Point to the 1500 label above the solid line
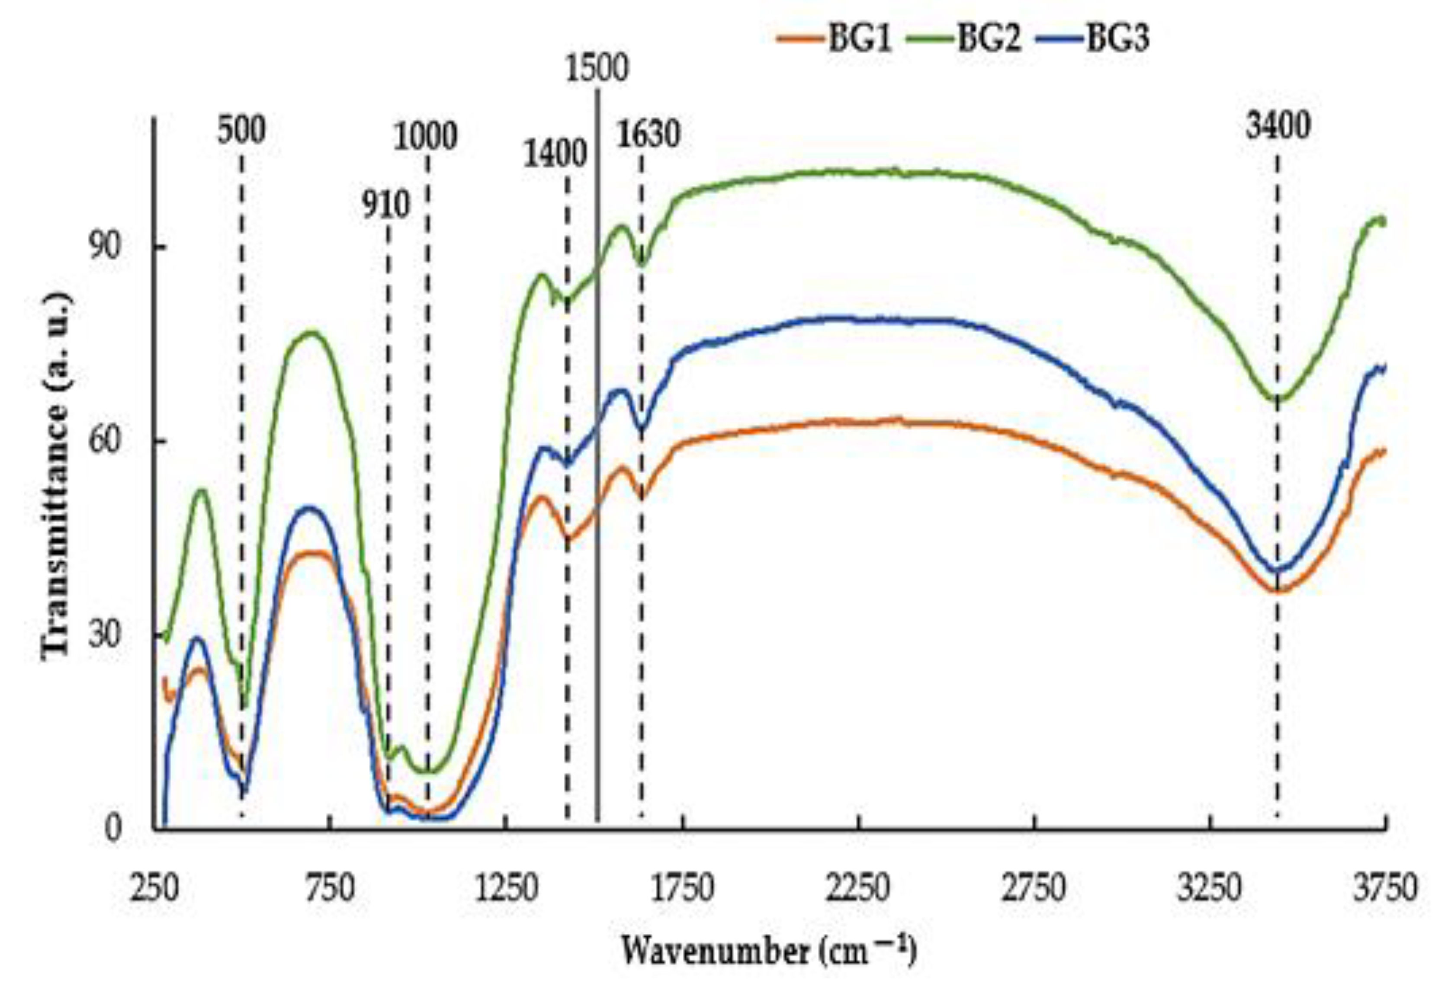[x=597, y=69]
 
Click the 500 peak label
[x=241, y=131]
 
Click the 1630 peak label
[x=648, y=134]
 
